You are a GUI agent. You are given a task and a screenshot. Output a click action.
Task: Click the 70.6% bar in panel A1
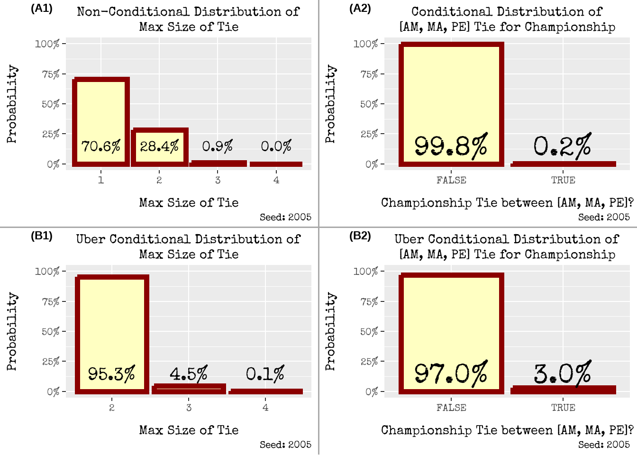click(101, 114)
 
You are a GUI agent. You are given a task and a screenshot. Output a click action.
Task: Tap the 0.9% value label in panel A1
click(218, 146)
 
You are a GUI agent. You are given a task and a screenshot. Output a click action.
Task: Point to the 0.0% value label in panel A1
click(276, 146)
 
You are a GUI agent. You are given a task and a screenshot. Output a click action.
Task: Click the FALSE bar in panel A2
click(451, 95)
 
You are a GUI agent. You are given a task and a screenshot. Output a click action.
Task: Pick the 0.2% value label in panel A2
click(563, 146)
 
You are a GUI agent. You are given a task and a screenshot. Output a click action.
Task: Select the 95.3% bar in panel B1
click(112, 322)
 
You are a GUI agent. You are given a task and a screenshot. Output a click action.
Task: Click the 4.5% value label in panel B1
click(189, 374)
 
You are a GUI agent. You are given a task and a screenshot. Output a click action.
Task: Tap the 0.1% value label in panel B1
click(265, 374)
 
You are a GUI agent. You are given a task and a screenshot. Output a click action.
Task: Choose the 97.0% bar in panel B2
click(451, 322)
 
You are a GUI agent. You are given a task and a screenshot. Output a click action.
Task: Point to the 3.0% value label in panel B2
click(563, 373)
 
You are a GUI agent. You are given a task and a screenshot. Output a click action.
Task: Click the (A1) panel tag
click(42, 8)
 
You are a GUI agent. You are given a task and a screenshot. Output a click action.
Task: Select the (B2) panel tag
click(360, 236)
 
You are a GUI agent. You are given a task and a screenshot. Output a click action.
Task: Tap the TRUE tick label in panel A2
click(563, 180)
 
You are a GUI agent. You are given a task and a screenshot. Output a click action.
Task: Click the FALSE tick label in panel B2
click(451, 408)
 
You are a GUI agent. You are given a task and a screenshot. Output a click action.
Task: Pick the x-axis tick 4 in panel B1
click(265, 408)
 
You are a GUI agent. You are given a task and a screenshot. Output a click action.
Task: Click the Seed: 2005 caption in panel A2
click(604, 217)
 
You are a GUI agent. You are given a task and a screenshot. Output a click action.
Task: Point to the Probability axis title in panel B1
click(12, 331)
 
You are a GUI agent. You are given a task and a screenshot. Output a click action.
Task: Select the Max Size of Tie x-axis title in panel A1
click(189, 203)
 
